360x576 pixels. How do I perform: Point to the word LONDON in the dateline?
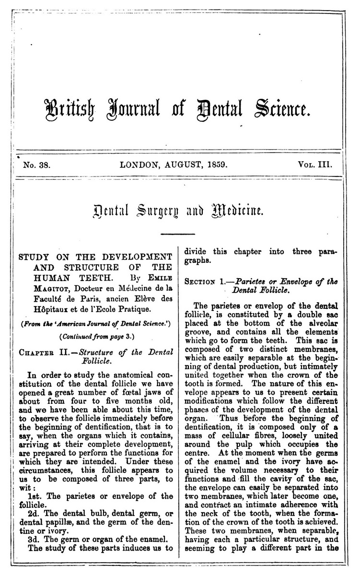point(142,165)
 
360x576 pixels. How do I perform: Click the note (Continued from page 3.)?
point(97,337)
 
